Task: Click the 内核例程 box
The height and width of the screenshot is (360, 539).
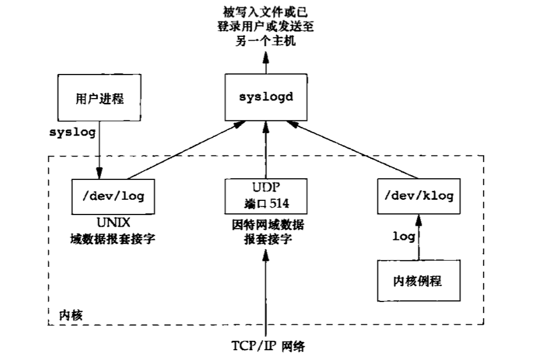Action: click(418, 280)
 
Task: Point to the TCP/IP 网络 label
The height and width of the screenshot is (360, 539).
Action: click(267, 346)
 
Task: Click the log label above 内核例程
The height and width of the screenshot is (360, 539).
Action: click(403, 236)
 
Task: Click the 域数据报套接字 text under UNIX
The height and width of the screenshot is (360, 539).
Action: click(112, 237)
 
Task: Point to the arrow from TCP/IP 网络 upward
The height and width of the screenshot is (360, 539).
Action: click(266, 290)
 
